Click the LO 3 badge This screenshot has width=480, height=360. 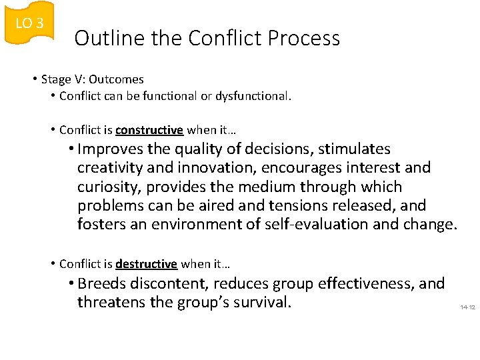point(29,23)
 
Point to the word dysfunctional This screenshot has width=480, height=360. point(257,96)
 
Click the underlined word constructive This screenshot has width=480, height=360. point(149,130)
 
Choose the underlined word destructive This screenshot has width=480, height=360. point(146,264)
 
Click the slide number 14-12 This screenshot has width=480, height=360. point(467,307)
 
